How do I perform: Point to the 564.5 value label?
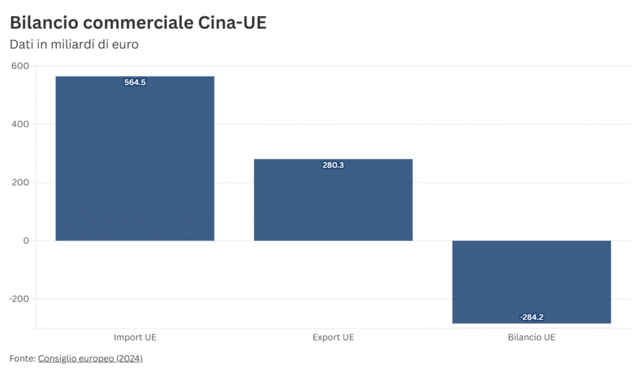click(135, 82)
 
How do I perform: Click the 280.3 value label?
click(333, 166)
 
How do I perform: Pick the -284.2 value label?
click(531, 317)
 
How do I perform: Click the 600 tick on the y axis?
click(20, 66)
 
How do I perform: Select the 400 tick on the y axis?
click(20, 124)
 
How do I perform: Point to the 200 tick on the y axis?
click(20, 182)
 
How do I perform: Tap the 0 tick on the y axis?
click(26, 241)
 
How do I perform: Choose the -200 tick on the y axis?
click(19, 299)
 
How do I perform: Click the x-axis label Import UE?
click(135, 337)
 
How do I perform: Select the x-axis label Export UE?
click(333, 337)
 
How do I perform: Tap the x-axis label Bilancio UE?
click(531, 337)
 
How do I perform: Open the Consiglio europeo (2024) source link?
click(90, 359)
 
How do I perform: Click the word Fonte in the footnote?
click(21, 359)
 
